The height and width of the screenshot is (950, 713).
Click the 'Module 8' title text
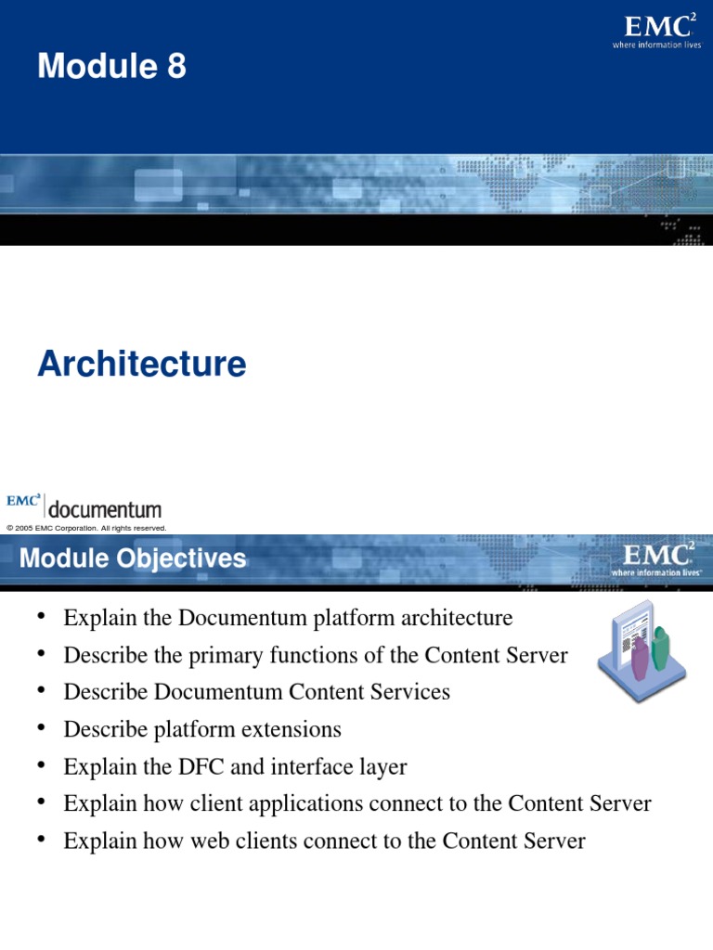[111, 67]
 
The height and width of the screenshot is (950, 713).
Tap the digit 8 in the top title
[176, 67]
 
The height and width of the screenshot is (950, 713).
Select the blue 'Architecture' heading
[142, 364]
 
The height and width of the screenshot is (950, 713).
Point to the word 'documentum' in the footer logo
[104, 509]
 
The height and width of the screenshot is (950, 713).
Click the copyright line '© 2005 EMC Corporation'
[86, 528]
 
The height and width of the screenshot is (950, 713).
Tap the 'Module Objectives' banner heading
[133, 558]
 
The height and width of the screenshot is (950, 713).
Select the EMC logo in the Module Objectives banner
[655, 559]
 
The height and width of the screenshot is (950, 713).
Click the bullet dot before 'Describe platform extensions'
[42, 729]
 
